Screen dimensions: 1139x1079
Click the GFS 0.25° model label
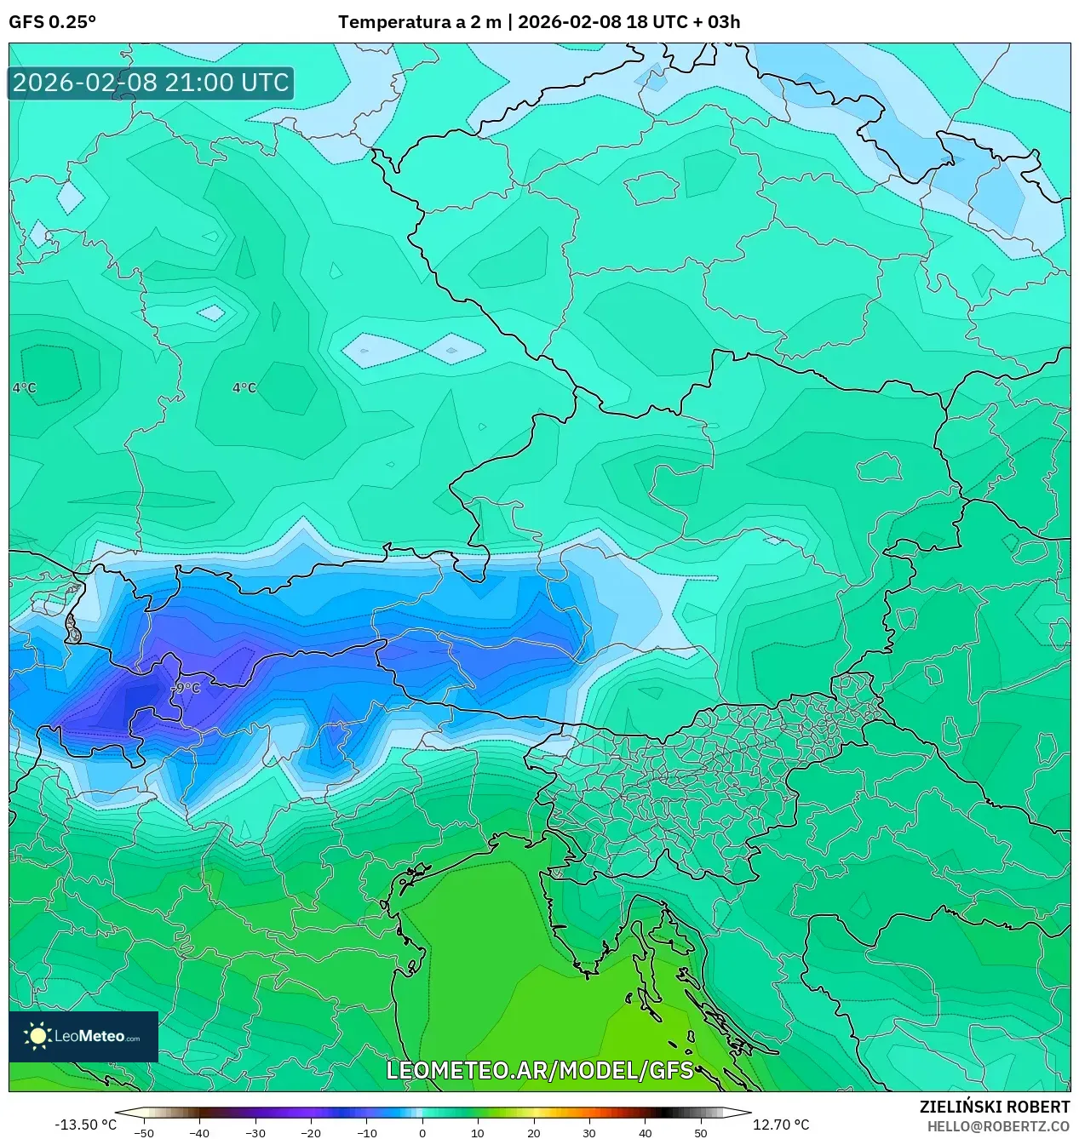point(52,22)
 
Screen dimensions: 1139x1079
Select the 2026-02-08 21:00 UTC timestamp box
point(151,83)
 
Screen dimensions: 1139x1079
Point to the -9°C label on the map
point(186,688)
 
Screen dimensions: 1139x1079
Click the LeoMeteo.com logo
point(83,1036)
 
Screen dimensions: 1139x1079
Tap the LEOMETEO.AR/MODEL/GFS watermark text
point(540,1070)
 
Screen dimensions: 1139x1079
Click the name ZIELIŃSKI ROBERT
point(994,1107)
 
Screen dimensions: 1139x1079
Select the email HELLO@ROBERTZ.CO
point(998,1126)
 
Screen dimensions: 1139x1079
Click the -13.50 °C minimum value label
point(85,1125)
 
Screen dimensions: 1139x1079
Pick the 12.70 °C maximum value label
point(781,1125)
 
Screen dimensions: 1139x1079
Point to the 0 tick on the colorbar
point(422,1132)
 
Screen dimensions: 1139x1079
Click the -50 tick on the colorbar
point(144,1132)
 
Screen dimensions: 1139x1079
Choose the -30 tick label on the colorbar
point(255,1132)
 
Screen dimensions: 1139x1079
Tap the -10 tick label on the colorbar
point(366,1132)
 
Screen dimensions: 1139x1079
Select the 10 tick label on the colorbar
point(478,1132)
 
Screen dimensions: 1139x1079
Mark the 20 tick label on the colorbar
point(534,1132)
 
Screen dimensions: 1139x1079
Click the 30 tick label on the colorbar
point(589,1132)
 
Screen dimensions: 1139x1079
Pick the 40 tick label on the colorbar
point(645,1132)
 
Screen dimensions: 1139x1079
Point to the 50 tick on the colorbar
point(701,1132)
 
